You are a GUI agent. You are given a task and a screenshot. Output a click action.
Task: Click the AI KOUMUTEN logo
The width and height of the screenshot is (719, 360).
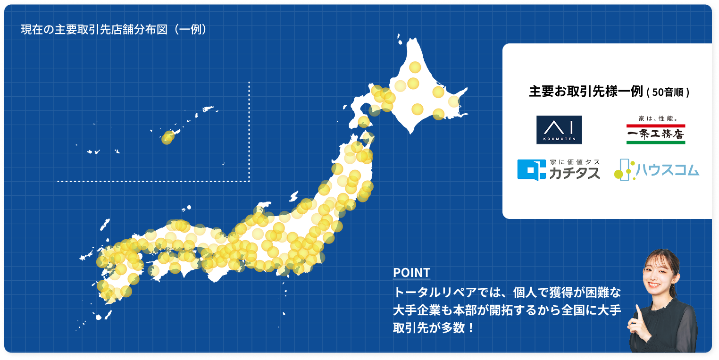click(x=559, y=130)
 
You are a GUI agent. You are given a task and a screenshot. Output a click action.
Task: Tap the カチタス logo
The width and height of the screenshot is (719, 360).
click(x=559, y=170)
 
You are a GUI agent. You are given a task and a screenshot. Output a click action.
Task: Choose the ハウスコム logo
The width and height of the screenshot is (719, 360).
click(x=656, y=169)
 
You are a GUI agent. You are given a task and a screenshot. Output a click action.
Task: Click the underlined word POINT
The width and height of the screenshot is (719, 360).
click(x=411, y=273)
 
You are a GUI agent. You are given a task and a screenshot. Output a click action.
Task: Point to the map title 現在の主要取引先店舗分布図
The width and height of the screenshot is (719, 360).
click(x=94, y=29)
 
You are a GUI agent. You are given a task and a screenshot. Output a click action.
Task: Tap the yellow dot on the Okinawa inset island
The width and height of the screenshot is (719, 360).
click(x=167, y=138)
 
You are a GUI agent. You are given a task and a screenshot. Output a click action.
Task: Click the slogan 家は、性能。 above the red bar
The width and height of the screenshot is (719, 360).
click(x=656, y=119)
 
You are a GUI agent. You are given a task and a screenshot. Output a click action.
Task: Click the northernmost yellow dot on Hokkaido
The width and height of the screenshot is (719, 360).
click(x=415, y=67)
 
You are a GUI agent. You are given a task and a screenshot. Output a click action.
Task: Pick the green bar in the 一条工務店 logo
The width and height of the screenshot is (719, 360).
click(x=655, y=142)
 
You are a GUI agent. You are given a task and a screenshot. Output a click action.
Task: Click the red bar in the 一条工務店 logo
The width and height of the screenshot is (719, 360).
click(x=655, y=126)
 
